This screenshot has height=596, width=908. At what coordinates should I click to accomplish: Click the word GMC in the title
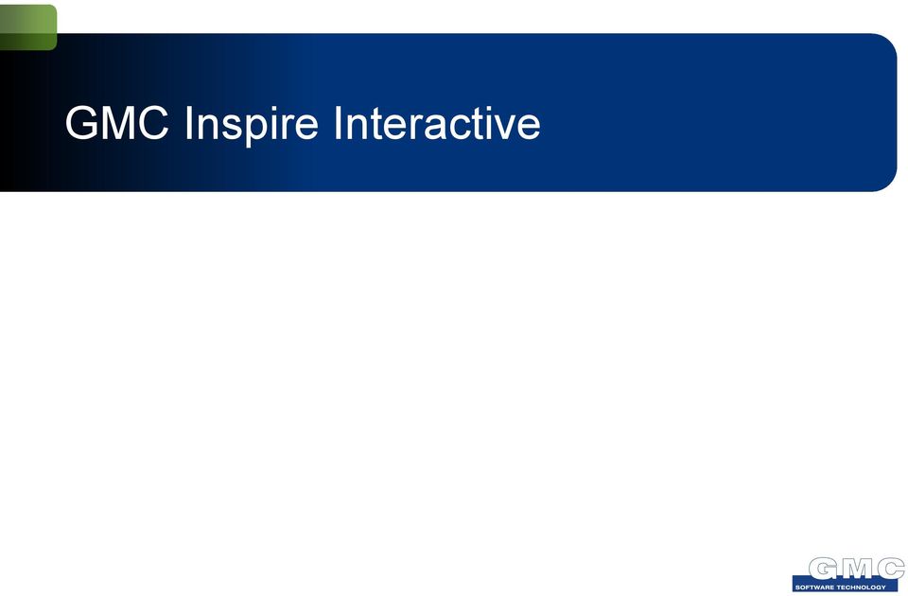click(x=117, y=123)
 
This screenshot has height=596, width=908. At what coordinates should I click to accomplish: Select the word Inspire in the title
click(x=252, y=126)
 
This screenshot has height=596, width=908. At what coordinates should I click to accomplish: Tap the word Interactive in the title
click(x=437, y=123)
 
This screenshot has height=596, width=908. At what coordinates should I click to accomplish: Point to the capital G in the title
click(x=81, y=123)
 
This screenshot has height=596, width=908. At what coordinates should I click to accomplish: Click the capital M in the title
click(x=119, y=123)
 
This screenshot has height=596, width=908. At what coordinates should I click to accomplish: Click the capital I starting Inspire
click(x=188, y=123)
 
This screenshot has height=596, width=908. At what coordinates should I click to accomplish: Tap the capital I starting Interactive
click(x=338, y=123)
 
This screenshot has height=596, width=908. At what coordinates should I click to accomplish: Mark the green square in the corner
click(x=28, y=27)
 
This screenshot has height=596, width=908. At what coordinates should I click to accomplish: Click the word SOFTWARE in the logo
click(x=814, y=587)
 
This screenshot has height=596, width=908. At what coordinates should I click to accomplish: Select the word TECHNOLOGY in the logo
click(x=861, y=587)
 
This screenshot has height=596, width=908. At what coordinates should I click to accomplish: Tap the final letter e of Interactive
click(x=529, y=128)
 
